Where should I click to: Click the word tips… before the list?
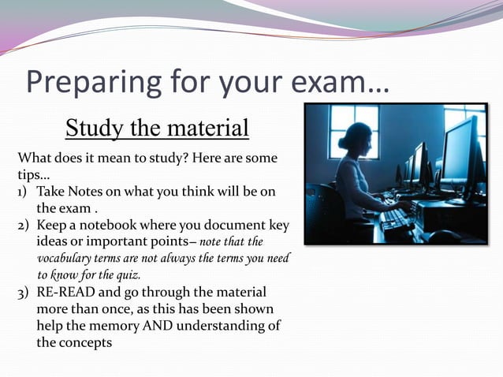click(34, 174)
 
